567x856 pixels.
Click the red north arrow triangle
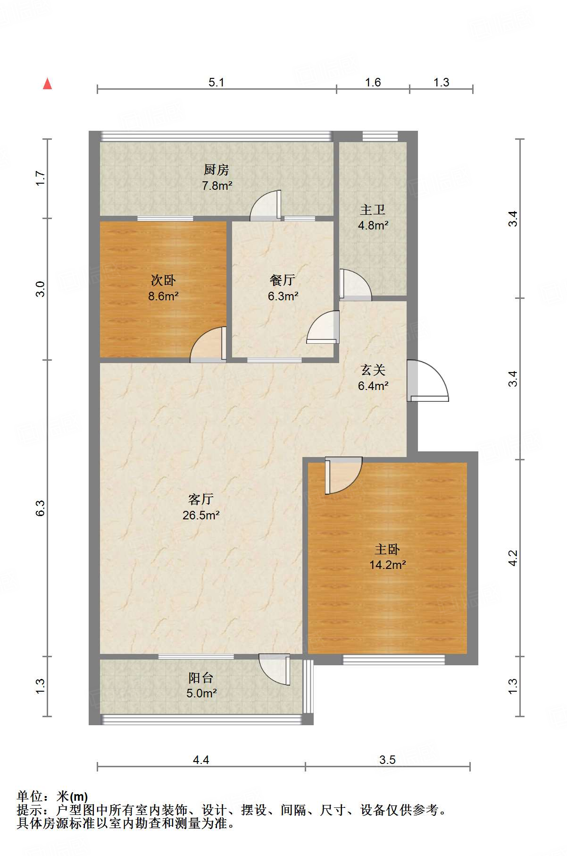47,84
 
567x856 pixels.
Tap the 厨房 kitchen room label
217,170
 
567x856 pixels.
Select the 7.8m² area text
217,186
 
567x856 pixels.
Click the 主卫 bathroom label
373,209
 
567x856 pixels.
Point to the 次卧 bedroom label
163,280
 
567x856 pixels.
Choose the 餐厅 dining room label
283,280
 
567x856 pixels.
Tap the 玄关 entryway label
373,370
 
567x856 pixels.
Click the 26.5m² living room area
201,515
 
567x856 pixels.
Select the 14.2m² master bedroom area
387,565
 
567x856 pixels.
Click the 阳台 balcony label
201,678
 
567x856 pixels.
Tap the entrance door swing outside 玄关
427,381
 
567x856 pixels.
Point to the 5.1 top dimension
217,83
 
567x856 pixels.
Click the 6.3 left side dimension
40,508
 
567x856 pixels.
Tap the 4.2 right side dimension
513,558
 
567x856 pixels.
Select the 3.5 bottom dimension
387,760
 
